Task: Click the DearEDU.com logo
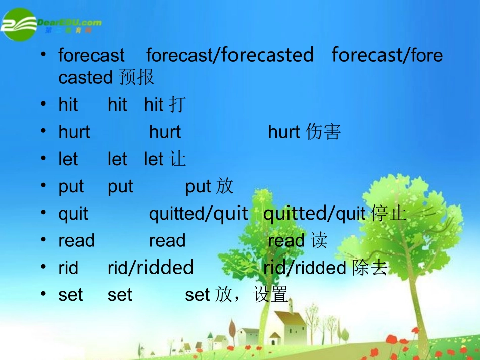51,24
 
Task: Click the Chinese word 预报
136,77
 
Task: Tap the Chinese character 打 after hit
177,105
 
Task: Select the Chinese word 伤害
323,132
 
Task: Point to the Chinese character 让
177,160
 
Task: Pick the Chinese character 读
319,241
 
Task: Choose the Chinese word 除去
369,268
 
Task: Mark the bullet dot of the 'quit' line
45,213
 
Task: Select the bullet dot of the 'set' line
45,295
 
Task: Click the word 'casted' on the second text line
85,78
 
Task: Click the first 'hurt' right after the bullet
74,132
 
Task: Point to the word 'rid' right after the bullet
68,268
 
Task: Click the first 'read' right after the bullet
76,241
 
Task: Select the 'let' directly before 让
153,160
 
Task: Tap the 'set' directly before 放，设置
197,295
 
